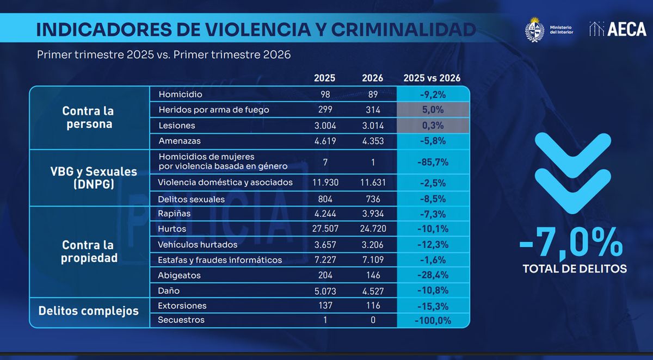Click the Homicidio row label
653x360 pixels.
180,95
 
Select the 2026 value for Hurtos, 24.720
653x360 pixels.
373,229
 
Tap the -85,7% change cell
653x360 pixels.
433,162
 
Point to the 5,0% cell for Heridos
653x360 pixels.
433,110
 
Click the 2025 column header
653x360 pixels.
325,78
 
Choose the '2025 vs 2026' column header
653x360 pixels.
432,78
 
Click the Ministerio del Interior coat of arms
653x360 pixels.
535,29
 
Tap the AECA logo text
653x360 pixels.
626,29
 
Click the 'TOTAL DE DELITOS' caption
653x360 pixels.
575,269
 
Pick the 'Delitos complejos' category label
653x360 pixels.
89,312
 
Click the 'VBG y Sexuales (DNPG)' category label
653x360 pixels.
89,178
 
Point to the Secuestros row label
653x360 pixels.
181,320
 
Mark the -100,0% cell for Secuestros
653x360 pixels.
433,320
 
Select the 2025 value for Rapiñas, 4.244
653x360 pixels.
325,214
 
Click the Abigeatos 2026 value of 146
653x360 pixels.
373,275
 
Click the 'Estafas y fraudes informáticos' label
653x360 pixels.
220,260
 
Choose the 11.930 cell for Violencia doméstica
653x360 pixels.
325,182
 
